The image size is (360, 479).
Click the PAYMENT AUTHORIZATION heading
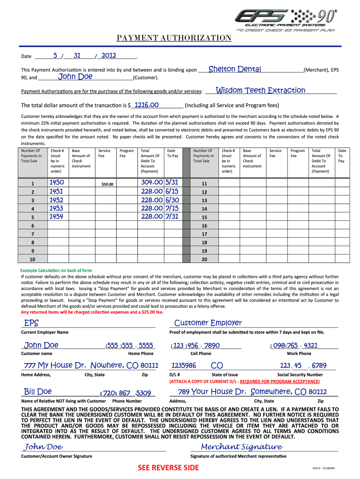(x=173, y=38)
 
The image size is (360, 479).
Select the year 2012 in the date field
(x=108, y=56)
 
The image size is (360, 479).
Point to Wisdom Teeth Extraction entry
(x=260, y=90)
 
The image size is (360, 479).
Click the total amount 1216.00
(x=147, y=105)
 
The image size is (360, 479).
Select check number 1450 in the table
(x=57, y=182)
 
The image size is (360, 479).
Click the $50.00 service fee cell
(x=107, y=184)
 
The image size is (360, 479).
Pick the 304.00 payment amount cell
(x=151, y=182)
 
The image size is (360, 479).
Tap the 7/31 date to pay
(x=172, y=217)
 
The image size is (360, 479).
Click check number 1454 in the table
(x=57, y=217)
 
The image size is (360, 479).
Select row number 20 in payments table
(x=204, y=259)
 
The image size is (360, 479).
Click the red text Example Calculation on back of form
(x=56, y=271)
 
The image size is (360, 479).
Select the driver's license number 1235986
(x=184, y=365)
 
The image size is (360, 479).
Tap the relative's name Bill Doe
(x=38, y=392)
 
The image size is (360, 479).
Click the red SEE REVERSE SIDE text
(x=168, y=468)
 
